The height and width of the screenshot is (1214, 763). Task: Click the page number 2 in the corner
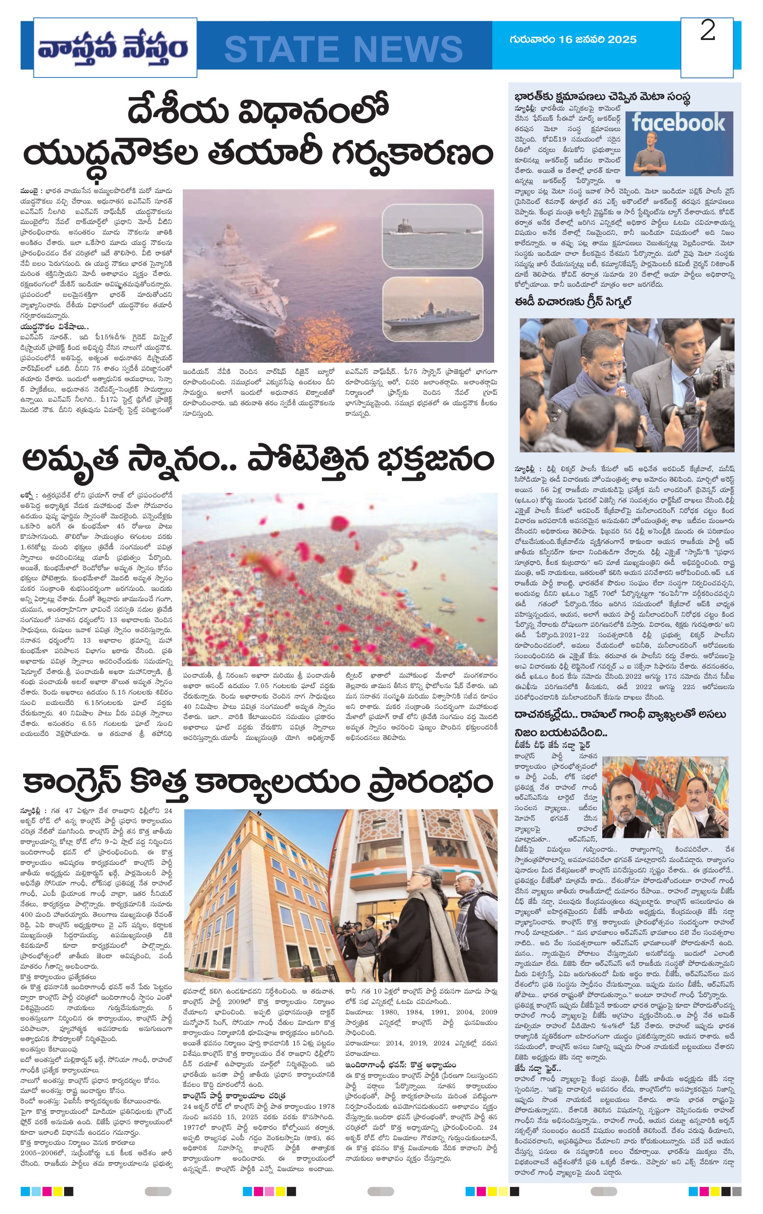point(707,32)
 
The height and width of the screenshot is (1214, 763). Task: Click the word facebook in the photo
point(678,122)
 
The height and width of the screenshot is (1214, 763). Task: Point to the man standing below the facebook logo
point(647,154)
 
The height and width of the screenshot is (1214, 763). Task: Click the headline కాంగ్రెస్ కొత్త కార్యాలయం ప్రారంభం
point(257,782)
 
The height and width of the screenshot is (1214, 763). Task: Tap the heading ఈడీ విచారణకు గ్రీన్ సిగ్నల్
point(573,302)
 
